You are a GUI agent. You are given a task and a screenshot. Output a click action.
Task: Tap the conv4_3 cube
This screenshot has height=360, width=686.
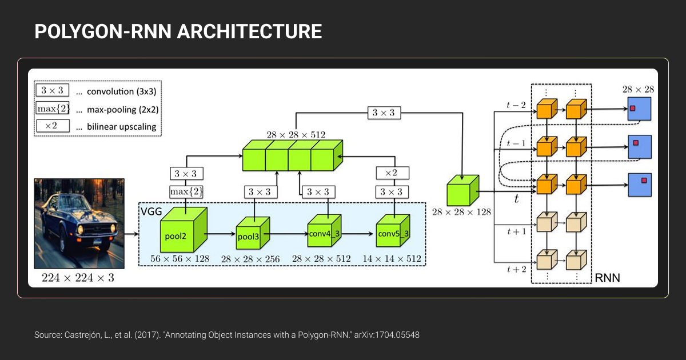pyautogui.click(x=324, y=231)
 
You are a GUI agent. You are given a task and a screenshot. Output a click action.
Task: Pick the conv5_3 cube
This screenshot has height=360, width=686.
pyautogui.click(x=393, y=231)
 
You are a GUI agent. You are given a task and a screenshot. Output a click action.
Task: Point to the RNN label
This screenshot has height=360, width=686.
pyautogui.click(x=607, y=279)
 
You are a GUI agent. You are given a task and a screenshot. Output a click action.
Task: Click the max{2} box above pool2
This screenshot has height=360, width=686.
pyautogui.click(x=186, y=191)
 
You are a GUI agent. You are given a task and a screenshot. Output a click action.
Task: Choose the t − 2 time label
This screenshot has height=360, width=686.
pyautogui.click(x=516, y=105)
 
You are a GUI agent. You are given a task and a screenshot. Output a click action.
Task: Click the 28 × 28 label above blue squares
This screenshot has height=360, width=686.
pyautogui.click(x=639, y=89)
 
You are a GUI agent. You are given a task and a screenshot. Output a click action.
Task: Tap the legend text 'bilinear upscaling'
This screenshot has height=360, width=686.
pyautogui.click(x=121, y=127)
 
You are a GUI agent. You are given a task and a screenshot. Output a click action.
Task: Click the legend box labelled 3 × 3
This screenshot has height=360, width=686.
pyautogui.click(x=52, y=90)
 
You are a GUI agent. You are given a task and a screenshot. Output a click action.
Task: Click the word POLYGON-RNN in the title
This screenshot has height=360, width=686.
pyautogui.click(x=103, y=32)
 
